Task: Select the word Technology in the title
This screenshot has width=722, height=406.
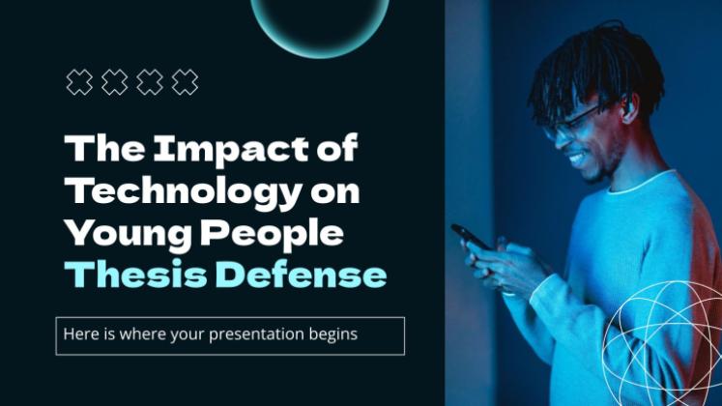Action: pos(184,192)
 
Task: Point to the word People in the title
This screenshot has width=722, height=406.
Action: pos(272,234)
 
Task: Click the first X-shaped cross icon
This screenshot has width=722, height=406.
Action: pos(79,82)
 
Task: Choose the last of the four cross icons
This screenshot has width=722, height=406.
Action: pos(185,82)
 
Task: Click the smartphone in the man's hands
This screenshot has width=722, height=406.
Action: pos(470,237)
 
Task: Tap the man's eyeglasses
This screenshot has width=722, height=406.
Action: pos(570,122)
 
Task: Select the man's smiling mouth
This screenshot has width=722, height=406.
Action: pos(576,159)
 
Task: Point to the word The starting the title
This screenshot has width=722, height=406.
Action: pos(105,148)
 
